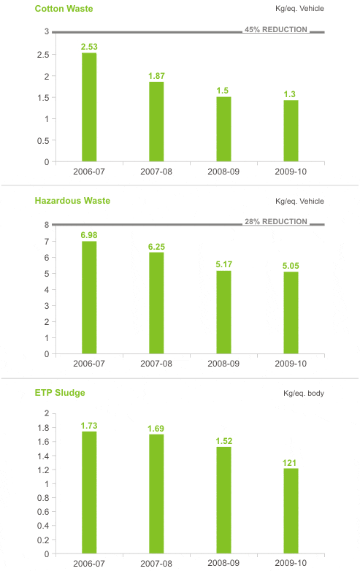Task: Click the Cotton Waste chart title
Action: [x=64, y=9]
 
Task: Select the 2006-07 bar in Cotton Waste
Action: [x=89, y=107]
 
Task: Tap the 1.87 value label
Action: [x=156, y=76]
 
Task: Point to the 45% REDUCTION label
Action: [x=276, y=29]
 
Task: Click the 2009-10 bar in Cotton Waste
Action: [x=291, y=131]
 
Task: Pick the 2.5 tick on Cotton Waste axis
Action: [x=43, y=55]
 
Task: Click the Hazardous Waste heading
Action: [x=72, y=201]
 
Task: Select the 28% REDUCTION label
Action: [x=276, y=221]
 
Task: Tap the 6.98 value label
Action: [x=89, y=235]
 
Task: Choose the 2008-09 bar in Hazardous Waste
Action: [x=223, y=312]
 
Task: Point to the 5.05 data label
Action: [x=291, y=266]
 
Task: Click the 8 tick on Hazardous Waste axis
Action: [x=47, y=225]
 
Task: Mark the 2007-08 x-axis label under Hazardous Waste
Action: [x=156, y=364]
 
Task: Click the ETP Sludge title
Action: [x=60, y=393]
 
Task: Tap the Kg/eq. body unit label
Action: [x=304, y=394]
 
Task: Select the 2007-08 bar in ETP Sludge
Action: [x=156, y=494]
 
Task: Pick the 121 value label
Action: [x=289, y=463]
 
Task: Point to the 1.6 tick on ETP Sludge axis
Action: [x=43, y=442]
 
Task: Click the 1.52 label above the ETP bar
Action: [x=224, y=441]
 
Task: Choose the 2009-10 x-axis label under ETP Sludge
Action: [x=291, y=563]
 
